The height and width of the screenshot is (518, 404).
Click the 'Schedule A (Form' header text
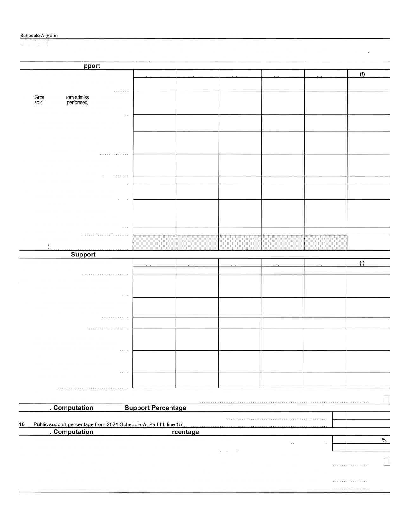coord(39,36)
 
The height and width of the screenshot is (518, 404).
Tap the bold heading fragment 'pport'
coord(92,66)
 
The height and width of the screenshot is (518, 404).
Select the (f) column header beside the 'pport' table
coord(362,74)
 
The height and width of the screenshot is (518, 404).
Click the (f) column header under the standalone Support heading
coord(362,263)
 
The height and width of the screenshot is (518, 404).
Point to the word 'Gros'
coord(39,97)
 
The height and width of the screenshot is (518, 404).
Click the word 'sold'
coord(38,102)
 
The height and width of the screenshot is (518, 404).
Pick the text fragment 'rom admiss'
coord(77,97)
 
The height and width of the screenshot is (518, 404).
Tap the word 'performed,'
coord(77,102)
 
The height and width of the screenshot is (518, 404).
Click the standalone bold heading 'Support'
coord(83,255)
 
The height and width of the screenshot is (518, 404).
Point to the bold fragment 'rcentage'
coord(185,432)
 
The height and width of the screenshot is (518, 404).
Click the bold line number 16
coord(22,424)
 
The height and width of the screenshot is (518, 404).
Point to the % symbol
coord(384,440)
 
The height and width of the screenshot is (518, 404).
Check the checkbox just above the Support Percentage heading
coord(387,399)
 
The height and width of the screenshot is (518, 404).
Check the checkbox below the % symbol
coord(387,462)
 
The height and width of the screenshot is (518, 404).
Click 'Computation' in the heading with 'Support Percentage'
coord(73,408)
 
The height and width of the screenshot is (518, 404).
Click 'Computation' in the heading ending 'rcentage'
coord(73,432)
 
